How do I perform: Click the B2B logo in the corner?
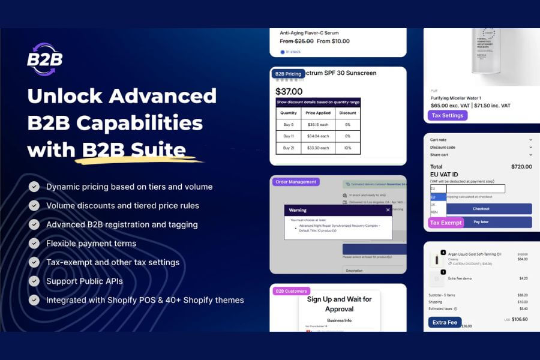point(44,59)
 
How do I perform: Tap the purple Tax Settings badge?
point(447,115)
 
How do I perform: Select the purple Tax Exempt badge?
point(446,223)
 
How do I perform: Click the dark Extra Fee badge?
point(445,322)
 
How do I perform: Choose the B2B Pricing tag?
point(288,74)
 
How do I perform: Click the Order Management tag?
point(296,182)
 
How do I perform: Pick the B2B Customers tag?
point(291,291)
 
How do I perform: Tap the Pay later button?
point(481,222)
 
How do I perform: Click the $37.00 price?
point(289,92)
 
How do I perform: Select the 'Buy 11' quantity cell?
point(289,136)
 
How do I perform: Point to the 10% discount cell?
point(347,148)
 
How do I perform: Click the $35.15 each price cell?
point(318,125)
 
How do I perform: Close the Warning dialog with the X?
point(388,210)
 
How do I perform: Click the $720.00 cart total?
point(521,167)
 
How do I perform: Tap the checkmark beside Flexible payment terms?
point(34,243)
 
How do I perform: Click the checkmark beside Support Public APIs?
point(34,281)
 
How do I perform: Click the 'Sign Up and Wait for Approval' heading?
point(339,304)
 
